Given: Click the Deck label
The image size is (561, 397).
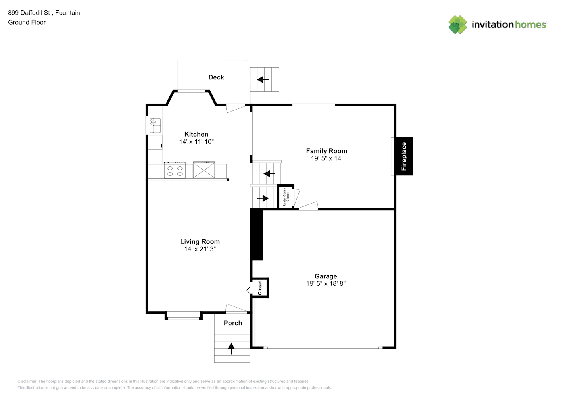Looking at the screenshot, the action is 216,77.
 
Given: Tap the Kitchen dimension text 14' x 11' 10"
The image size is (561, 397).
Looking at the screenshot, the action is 196,142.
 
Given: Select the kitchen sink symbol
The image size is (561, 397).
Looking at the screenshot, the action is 155,125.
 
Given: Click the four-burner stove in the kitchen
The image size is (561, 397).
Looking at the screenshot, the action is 175,170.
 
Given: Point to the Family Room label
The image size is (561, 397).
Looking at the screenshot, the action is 327,151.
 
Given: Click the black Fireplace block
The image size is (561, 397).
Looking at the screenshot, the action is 404,156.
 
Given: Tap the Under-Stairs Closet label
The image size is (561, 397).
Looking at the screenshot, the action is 286,197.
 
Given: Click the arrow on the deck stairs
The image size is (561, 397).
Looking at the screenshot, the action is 263,80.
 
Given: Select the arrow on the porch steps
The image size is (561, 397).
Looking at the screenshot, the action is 231,349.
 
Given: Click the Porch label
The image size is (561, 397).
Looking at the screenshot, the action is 233,323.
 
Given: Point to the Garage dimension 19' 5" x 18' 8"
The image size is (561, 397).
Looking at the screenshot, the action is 326,283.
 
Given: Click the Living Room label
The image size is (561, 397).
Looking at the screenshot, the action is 200,241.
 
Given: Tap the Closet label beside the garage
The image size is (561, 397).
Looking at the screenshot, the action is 260,287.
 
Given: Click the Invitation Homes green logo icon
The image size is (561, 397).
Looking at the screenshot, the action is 457,25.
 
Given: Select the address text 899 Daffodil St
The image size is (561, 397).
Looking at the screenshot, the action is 30,13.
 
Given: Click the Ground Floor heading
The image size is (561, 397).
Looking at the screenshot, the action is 27,22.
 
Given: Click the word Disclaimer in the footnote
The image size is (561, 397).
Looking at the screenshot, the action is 27,381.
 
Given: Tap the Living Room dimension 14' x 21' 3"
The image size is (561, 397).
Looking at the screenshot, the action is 200,249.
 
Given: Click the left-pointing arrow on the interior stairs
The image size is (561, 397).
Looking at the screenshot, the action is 269,173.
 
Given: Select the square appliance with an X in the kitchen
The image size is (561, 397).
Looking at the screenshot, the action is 204,170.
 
